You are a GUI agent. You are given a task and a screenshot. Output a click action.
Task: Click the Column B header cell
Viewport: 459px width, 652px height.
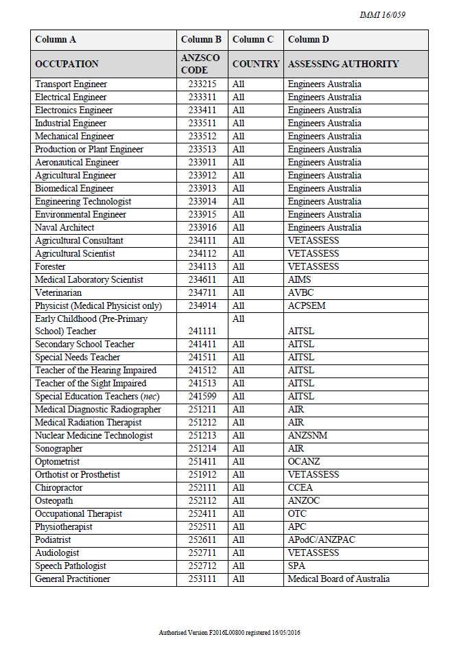200,40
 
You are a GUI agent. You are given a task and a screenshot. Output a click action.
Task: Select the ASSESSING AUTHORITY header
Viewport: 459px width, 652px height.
343,64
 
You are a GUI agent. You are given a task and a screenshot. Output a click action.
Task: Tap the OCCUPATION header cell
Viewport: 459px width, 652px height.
67,64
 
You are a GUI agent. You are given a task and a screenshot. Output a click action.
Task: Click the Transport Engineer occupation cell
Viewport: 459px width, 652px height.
71,84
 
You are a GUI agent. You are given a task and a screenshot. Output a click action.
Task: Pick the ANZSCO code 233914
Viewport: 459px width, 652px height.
200,202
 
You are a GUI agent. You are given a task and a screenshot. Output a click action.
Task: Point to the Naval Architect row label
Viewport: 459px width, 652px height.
66,228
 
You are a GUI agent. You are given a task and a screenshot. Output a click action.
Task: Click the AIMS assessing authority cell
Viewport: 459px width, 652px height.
299,280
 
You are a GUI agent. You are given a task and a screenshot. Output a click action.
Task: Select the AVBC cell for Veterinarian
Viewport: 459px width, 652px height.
301,293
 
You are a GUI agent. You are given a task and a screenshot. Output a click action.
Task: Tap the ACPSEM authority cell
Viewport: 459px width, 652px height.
307,306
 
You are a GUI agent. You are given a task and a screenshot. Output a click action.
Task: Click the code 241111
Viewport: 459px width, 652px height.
200,331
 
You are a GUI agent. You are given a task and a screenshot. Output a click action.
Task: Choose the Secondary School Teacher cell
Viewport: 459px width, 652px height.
84,345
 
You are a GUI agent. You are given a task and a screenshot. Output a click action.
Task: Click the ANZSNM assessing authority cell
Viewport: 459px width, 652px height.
307,436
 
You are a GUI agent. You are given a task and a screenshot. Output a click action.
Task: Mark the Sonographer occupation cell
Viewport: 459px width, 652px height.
59,449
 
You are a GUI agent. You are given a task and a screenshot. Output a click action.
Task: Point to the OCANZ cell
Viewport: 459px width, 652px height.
304,462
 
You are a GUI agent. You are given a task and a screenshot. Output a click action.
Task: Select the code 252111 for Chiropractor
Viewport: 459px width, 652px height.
200,488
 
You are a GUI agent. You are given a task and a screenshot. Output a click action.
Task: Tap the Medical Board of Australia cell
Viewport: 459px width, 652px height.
338,579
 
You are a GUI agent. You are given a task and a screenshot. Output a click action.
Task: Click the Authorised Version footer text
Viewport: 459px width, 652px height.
229,631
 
